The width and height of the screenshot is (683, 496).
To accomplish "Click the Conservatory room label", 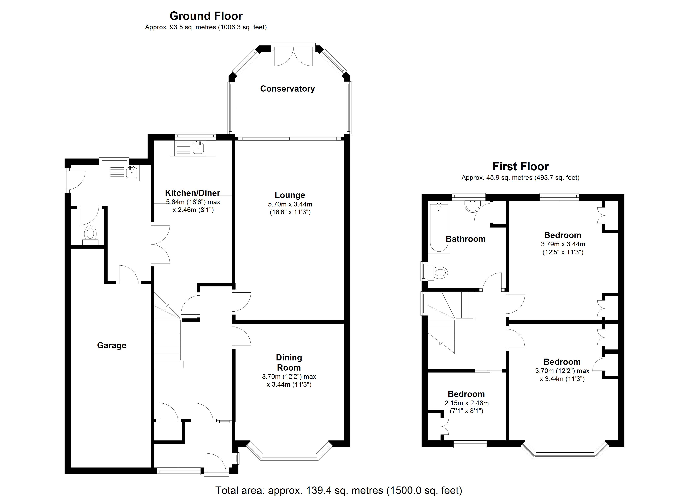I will [287, 89].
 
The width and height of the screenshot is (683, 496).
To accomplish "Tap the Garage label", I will [111, 345].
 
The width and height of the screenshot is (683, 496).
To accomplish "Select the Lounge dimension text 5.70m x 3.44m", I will [290, 204].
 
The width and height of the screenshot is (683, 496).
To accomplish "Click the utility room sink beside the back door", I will [132, 173].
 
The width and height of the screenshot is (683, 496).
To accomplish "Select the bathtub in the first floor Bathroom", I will [439, 228].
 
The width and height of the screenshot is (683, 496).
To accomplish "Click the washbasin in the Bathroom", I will [472, 206].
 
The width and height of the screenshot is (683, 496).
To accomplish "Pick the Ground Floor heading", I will [206, 16].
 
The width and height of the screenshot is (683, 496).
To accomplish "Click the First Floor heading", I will [520, 166].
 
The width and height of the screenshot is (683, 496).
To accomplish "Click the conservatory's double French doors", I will [293, 57].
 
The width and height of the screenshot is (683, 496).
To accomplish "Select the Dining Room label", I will [289, 362].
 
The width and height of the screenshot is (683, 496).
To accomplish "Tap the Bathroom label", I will [465, 239].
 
